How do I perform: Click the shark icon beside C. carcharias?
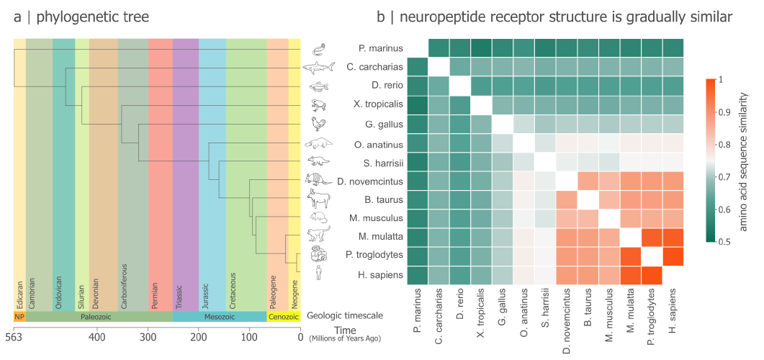pos(320,68)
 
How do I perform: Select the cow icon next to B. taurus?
pos(319,198)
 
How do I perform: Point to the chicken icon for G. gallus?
pos(319,123)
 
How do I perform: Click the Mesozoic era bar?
pos(220,316)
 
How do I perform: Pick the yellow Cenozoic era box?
pos(283,316)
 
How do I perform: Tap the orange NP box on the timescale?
pos(19,316)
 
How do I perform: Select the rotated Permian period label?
pos(156,295)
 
